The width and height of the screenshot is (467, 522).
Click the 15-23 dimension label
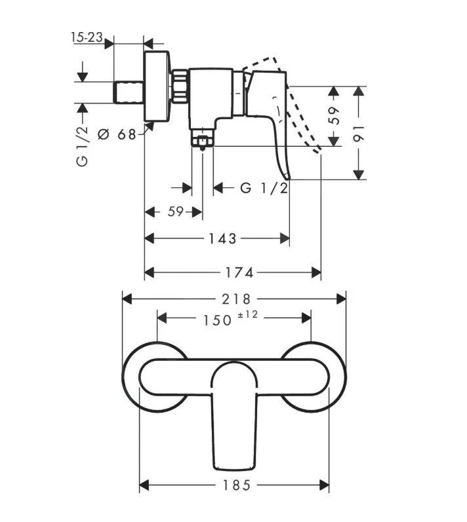(87, 38)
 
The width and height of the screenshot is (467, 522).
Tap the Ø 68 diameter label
(116, 134)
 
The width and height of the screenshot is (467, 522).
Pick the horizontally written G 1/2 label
(264, 189)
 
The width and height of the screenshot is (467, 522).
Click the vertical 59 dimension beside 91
(334, 116)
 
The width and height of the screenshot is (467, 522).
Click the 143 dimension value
(223, 238)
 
